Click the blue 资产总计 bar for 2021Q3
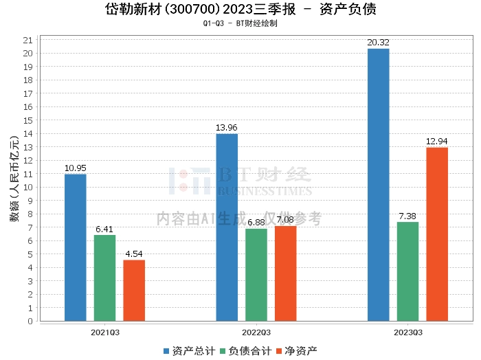(x=75, y=247)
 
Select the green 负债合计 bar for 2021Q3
(x=104, y=278)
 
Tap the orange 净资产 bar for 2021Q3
(x=134, y=290)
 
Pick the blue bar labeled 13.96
(x=227, y=227)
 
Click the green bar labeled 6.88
(x=256, y=274)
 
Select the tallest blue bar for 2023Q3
(x=378, y=185)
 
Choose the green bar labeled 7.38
(x=407, y=271)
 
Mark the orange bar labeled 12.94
(x=437, y=234)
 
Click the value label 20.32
(x=378, y=43)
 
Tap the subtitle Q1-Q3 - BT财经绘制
(x=240, y=23)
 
